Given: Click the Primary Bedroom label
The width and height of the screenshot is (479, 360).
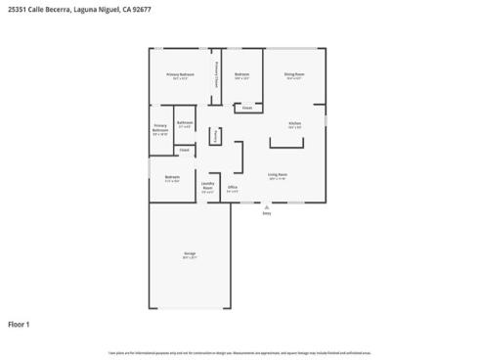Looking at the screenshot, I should click(x=180, y=74).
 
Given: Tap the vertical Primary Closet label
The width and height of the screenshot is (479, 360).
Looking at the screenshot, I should click(x=216, y=75).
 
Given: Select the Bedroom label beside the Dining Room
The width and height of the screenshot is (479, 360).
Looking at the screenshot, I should click(x=242, y=74).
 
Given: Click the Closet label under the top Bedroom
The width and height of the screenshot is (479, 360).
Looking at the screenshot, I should click(x=247, y=108).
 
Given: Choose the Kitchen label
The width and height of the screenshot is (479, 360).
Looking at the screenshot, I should click(x=294, y=123).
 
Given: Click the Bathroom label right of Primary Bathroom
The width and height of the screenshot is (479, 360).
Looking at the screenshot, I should click(x=185, y=123).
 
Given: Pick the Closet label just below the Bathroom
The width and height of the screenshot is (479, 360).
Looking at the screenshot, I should click(x=184, y=150).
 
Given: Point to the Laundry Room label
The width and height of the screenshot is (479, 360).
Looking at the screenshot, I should click(x=208, y=187).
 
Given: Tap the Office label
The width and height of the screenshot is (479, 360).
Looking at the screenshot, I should click(x=233, y=188).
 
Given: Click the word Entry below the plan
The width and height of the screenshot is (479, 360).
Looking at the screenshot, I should click(x=267, y=214).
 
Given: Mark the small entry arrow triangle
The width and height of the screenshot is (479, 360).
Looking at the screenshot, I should click(x=267, y=207).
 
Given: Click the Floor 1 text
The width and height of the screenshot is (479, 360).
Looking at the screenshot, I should click(x=20, y=324).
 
